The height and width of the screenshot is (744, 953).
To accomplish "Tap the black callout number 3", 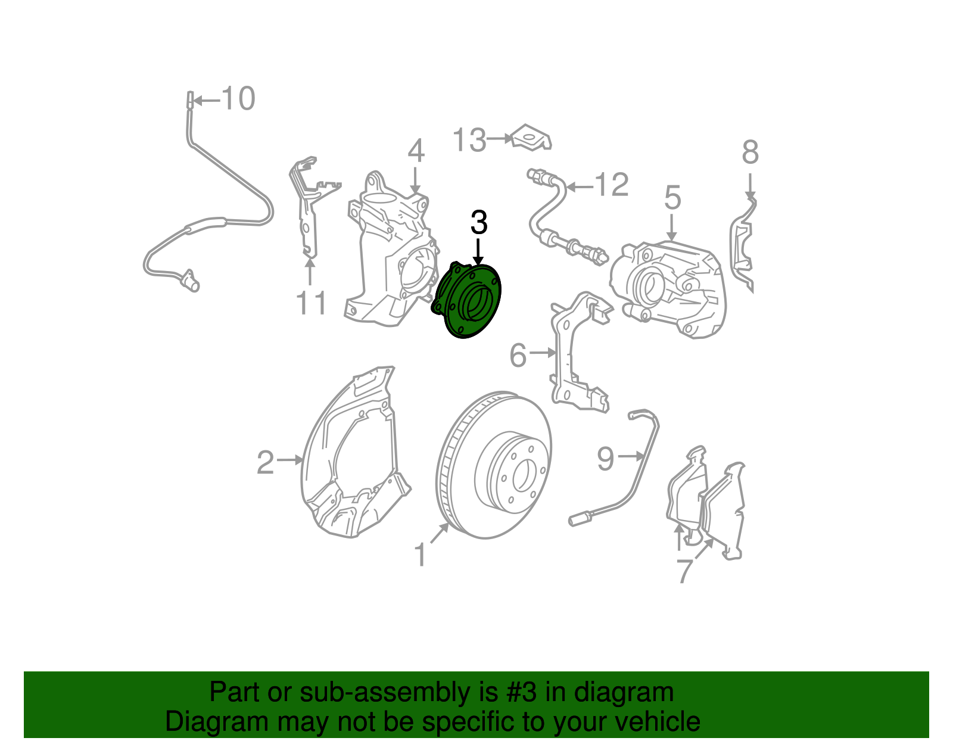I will pos(479,223).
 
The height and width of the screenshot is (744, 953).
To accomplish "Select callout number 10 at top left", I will pos(238,99).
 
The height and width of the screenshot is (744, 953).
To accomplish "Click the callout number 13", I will pos(469,141).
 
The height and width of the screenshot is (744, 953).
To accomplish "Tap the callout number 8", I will pos(750,152).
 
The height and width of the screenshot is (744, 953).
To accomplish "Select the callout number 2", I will pos(265,462).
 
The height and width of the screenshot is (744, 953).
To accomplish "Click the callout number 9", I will pos(605,459).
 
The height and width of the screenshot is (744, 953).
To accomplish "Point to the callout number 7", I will pos(685,571).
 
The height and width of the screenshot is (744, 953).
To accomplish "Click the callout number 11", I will pos(311,304).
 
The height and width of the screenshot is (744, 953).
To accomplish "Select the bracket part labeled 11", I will pos(307,208).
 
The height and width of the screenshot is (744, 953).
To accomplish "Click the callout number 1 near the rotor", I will pos(421,555).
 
